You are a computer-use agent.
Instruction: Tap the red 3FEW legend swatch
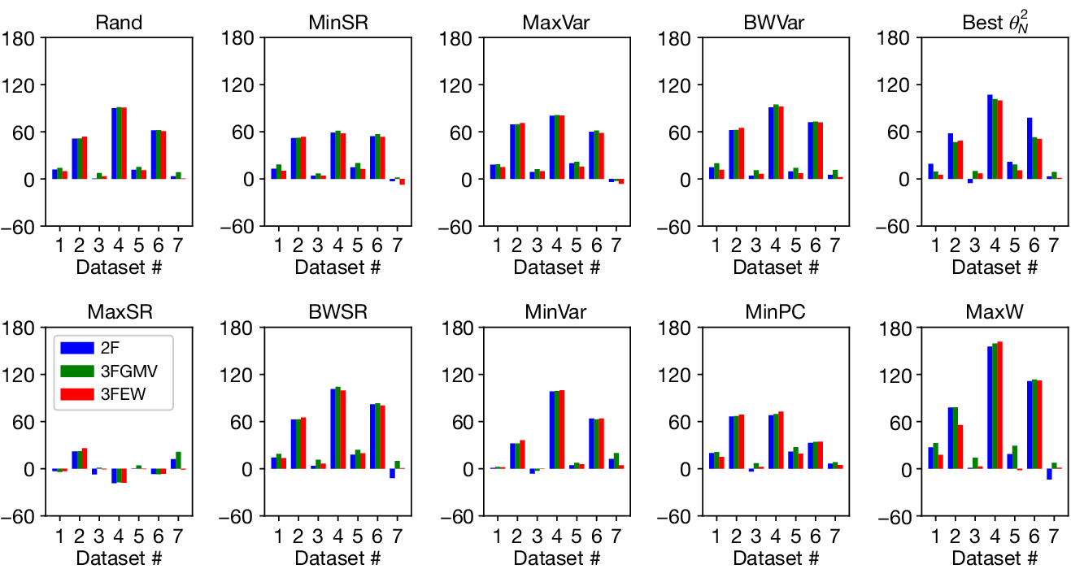[76, 395]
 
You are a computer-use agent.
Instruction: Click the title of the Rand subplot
[119, 22]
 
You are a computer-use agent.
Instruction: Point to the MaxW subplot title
[995, 312]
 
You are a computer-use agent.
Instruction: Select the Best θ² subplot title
[995, 22]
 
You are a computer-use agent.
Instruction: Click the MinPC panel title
[776, 312]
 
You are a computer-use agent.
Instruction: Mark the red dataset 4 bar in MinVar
[562, 429]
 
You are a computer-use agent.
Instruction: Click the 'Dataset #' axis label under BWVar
[776, 267]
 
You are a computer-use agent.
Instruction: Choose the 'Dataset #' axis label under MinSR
[337, 267]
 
